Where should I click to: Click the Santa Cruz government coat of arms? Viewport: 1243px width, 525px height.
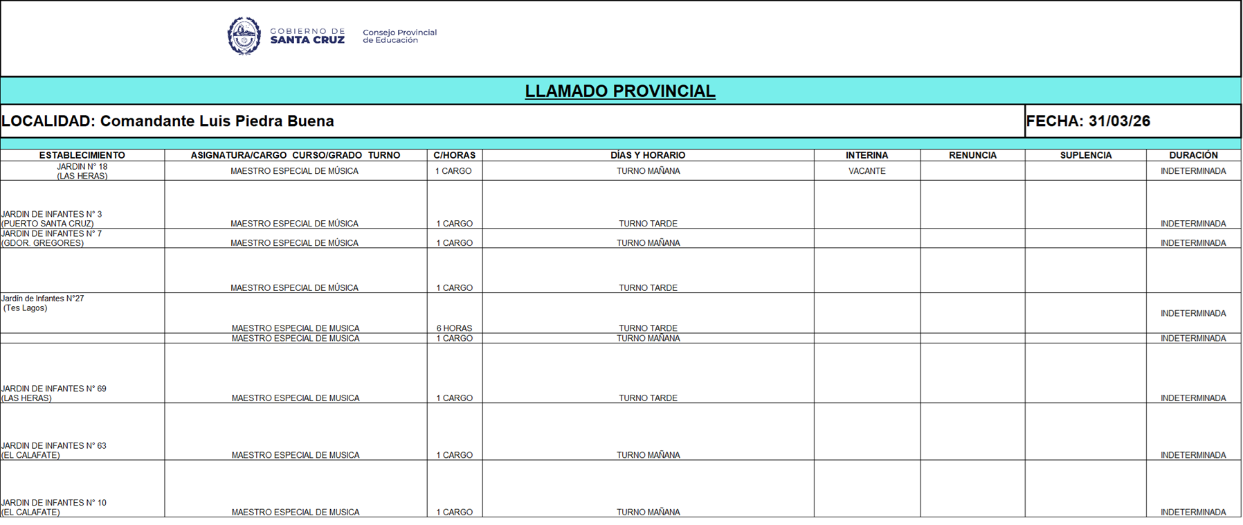244,36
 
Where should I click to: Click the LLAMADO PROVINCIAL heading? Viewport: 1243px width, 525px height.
619,91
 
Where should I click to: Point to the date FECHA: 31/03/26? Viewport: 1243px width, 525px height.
1088,121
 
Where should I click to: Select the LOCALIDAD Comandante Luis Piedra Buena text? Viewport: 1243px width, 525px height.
167,121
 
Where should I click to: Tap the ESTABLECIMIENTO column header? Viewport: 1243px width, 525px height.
82,155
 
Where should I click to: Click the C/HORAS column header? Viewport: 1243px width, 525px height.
454,155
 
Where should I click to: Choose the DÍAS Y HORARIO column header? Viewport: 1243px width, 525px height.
648,155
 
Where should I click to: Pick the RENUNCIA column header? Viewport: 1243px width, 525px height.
972,155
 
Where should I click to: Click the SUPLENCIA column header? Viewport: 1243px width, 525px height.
1085,155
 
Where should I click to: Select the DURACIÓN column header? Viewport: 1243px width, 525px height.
1193,155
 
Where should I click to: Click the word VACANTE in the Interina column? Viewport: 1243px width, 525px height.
867,171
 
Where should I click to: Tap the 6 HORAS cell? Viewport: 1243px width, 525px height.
454,328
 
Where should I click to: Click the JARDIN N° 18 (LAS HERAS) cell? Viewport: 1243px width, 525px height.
82,171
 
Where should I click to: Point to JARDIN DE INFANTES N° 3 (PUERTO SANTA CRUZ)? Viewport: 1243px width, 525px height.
51,219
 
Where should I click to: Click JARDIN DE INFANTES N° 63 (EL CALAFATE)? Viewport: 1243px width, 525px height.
53,450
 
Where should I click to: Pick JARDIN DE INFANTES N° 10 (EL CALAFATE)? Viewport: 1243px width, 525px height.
53,508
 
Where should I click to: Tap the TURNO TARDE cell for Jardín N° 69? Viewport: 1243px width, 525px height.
648,398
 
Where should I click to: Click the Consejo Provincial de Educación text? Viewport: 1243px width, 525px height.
399,36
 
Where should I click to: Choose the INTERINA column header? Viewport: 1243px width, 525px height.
867,155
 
